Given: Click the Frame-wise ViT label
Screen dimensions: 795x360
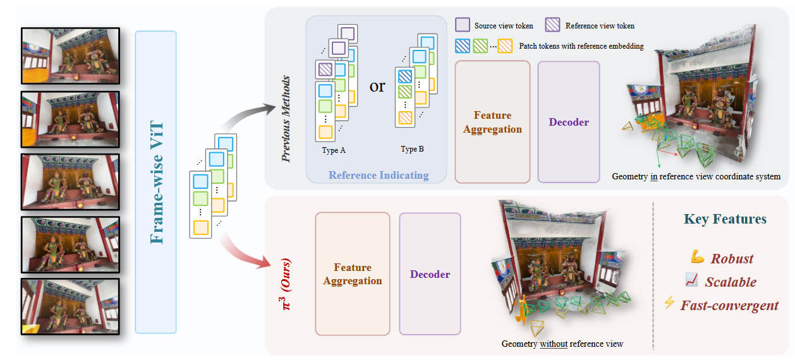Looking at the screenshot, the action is pos(157,183).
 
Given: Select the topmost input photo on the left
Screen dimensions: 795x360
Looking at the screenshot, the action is pos(70,56).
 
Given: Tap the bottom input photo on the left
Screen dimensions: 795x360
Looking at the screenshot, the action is pos(70,306).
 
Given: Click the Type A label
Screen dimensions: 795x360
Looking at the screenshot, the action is pos(334,150).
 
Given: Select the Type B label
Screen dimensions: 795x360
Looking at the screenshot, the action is pos(412,149).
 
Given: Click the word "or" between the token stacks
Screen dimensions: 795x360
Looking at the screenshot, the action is pos(377,86).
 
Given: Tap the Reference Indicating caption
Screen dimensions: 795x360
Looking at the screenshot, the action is pos(379,175).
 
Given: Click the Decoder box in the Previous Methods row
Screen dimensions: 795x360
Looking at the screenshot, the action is pos(569,122).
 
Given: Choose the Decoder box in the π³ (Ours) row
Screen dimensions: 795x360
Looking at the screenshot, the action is pos(430,274).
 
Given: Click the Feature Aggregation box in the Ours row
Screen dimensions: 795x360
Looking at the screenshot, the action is pos(353,274).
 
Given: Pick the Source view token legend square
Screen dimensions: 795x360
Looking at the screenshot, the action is pos(463,25).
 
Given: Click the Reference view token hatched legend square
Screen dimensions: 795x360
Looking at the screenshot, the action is pos(552,25).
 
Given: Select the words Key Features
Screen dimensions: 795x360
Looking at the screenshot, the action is pos(725,219).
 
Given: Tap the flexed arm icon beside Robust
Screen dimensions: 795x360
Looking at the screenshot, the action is pos(697,256).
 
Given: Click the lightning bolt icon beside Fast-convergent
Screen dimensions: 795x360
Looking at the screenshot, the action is pos(669,303).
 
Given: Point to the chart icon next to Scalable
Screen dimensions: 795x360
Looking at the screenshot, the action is pos(692,280).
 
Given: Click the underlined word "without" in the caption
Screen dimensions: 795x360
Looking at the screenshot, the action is pos(554,344).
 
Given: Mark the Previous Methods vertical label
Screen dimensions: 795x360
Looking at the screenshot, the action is pos(286,119).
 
